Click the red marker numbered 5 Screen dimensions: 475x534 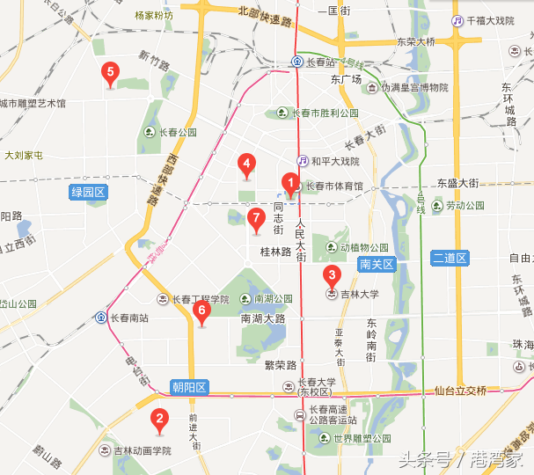110,73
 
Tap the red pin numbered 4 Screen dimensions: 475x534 247,164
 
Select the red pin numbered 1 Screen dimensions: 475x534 289,183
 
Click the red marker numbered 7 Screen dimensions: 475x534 256,219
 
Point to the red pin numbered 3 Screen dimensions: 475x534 332,275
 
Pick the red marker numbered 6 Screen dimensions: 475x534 201,311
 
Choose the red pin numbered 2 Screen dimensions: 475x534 159,420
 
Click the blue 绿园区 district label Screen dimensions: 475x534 88,192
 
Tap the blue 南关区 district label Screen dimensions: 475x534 378,264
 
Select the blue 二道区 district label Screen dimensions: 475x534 453,258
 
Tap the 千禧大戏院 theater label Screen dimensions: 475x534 488,21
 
